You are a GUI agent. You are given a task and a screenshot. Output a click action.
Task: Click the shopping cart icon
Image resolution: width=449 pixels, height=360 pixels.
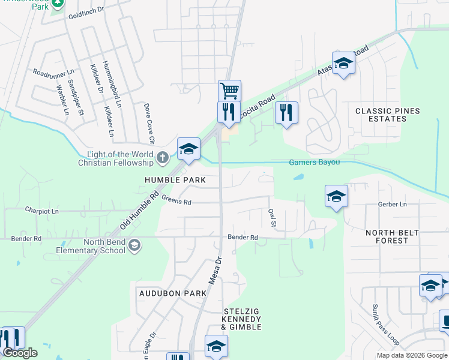pos(229,91)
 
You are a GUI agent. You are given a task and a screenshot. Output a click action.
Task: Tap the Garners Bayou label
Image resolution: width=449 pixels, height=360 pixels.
pos(315,162)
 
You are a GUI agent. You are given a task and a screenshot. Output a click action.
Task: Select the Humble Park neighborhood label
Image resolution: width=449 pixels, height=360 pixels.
pos(175,180)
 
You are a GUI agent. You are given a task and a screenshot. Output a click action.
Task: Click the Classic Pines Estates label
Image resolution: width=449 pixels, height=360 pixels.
pos(388,115)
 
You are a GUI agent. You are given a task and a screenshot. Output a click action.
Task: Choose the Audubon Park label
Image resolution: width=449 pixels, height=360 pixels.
pos(172,293)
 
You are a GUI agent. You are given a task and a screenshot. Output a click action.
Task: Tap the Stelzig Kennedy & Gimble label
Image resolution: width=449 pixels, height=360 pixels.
pos(242,319)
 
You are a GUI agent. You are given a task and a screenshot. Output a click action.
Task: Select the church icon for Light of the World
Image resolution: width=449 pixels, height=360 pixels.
pos(162,158)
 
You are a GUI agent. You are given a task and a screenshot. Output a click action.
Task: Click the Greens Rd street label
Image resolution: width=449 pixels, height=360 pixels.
pos(176,202)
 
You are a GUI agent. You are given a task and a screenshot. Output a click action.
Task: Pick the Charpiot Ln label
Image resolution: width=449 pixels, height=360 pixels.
pos(42,211)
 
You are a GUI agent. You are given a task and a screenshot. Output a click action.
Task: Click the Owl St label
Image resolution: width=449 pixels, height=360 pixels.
pos(272,218)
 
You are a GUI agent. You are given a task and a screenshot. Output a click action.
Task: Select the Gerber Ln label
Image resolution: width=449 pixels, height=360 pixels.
pos(393,205)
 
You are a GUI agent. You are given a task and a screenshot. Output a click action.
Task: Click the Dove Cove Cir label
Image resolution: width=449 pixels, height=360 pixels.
pos(148,124)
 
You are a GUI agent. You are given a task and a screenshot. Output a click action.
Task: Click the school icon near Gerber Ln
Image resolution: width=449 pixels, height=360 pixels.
pos(336,196)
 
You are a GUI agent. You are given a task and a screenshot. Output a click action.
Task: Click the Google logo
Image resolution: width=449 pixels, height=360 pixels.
pos(20,353)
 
